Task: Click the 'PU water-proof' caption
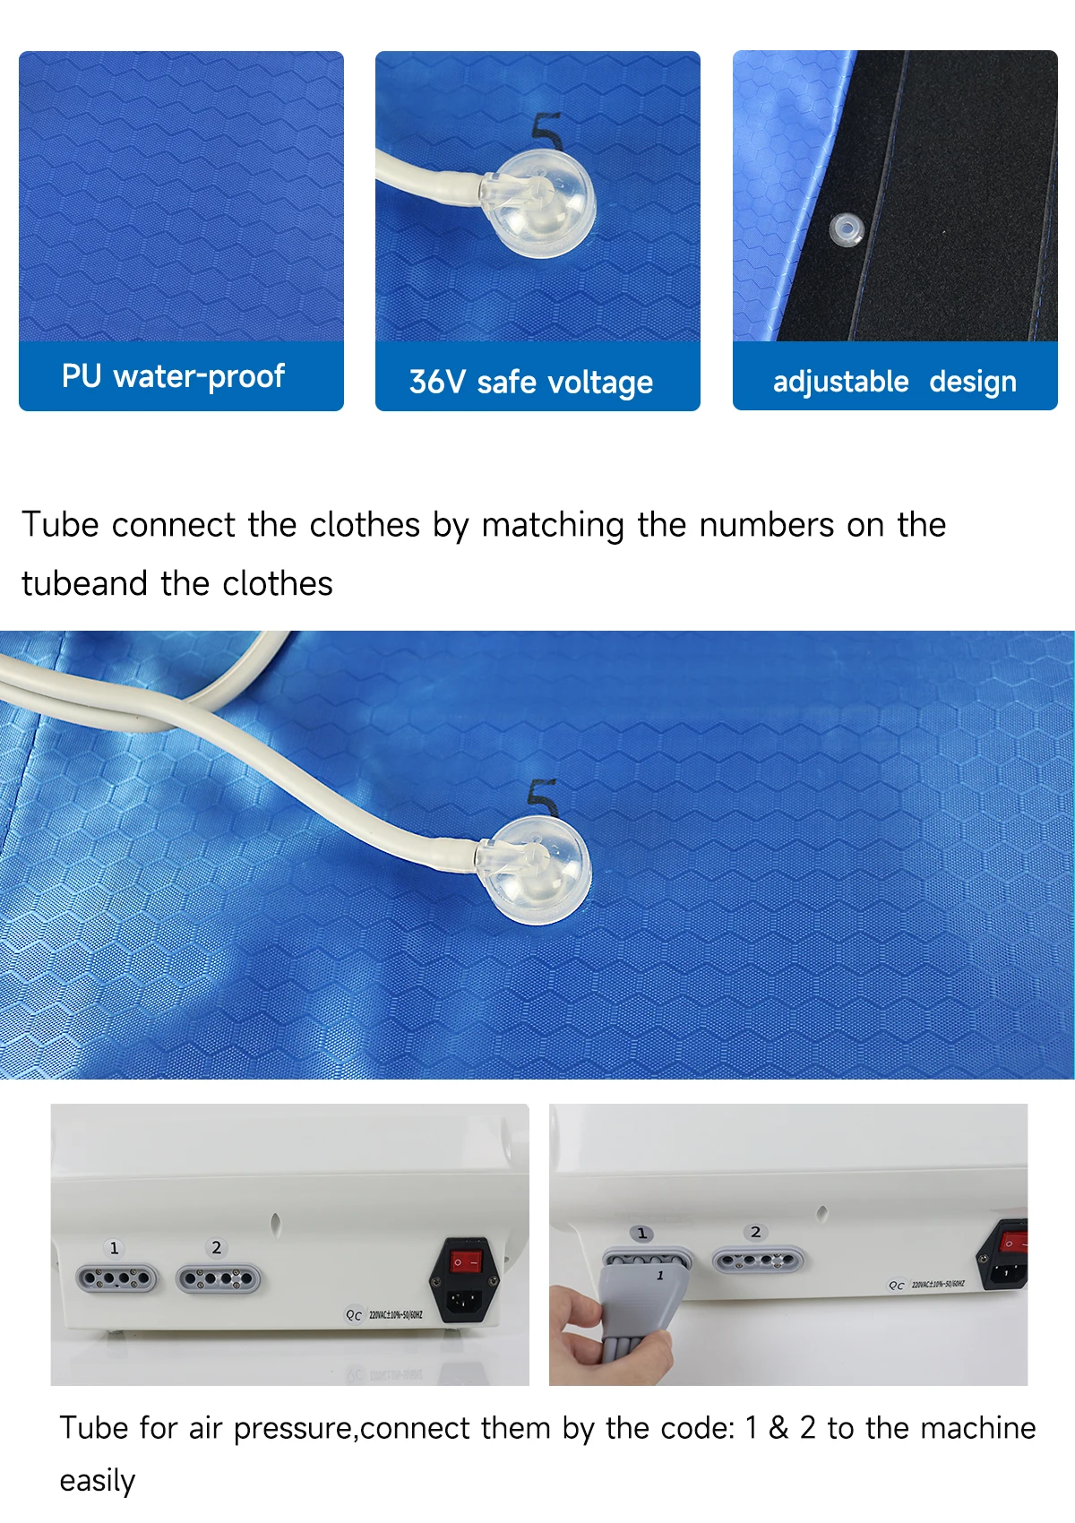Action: tap(173, 376)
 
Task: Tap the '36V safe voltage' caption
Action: tap(531, 383)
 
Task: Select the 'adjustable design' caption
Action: tap(895, 382)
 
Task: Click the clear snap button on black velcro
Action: tap(847, 229)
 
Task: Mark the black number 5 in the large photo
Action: tap(543, 796)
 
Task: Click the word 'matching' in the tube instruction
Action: tap(552, 527)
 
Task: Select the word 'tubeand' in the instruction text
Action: tap(84, 583)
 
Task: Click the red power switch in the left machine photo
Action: tap(466, 1262)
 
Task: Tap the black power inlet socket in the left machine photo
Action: tap(465, 1301)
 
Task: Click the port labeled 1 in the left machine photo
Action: tap(117, 1279)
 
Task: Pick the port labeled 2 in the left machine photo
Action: tap(219, 1279)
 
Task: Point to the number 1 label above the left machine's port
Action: tap(115, 1248)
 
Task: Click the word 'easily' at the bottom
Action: tap(98, 1481)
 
